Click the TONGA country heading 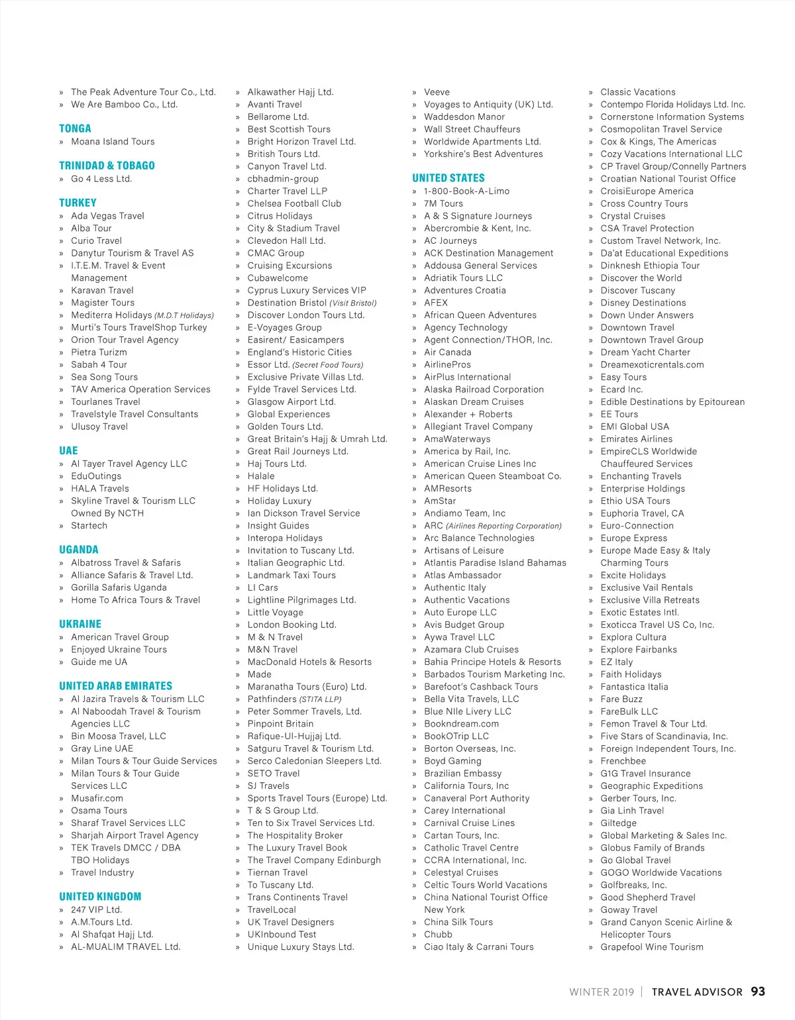pos(75,128)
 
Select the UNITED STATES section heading pos(449,178)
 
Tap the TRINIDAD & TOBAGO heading pos(107,166)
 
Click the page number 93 pos(758,992)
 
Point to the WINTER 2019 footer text pos(602,992)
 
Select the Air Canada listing pos(447,352)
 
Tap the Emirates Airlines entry pos(636,439)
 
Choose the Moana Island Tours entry pos(113,142)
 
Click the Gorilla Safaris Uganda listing pos(119,587)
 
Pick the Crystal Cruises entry pos(633,216)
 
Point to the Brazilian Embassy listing pos(462,774)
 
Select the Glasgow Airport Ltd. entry pos(291,402)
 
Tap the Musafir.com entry pos(97,798)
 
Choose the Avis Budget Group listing pos(464,625)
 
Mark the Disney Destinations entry pos(643,303)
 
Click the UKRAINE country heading pos(80,624)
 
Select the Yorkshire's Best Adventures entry pos(483,154)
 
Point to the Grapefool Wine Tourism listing pos(652,947)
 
